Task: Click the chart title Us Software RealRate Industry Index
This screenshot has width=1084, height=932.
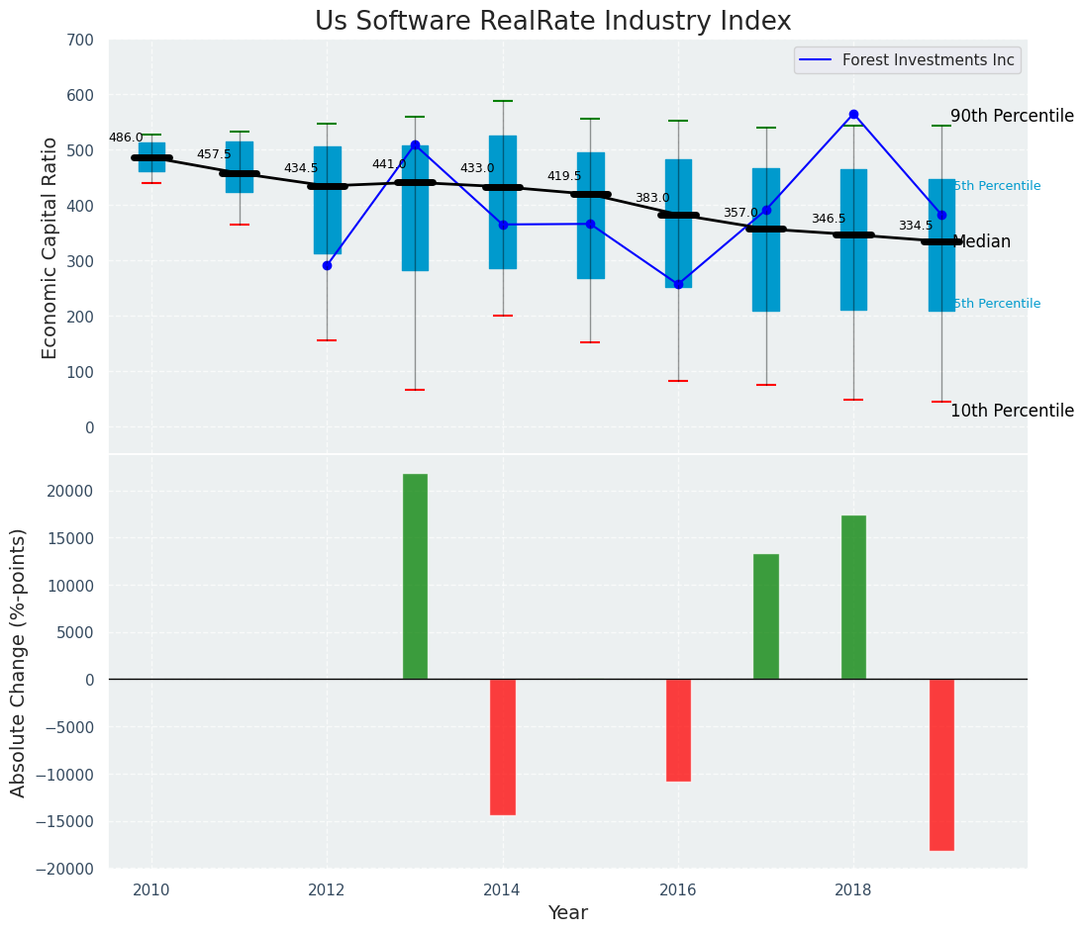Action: pos(552,22)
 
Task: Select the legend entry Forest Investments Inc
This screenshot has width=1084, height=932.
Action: pos(928,60)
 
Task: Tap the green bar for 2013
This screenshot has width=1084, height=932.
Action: pos(415,576)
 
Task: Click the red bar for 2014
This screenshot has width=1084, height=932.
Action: pos(503,746)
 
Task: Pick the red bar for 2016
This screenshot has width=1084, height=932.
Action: pos(678,729)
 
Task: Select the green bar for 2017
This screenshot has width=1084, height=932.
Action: pos(766,616)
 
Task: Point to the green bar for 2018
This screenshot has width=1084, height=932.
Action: pos(853,597)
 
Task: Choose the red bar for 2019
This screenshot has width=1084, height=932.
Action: pos(941,764)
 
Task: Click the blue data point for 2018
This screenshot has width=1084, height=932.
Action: pos(853,115)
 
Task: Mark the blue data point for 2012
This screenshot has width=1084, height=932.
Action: pos(327,265)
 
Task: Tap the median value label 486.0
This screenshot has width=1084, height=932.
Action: pos(126,138)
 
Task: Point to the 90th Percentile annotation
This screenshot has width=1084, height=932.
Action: pos(1012,116)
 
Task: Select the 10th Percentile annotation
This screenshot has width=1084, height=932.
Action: pos(1012,411)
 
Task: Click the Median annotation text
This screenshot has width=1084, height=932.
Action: pos(981,241)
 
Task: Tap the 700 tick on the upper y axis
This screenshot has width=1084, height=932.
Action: pos(80,40)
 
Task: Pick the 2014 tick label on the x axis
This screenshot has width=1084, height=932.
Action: pos(502,889)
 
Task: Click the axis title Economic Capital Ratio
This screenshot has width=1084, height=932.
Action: pos(50,247)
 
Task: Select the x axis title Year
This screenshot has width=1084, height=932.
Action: pos(568,913)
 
